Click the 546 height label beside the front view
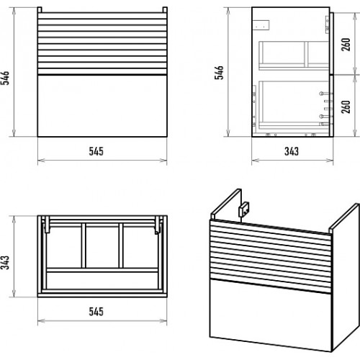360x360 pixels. click(5, 78)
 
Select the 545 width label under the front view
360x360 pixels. click(96, 151)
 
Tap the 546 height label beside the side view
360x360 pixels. click(219, 73)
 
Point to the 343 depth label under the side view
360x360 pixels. click(292, 151)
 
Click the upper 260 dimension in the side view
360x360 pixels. click(346, 45)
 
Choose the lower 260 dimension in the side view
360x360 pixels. click(346, 107)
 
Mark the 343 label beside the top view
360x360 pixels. click(5, 263)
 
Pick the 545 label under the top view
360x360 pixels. click(96, 312)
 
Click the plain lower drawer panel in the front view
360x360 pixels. click(102, 106)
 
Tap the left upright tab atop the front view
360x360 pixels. click(40, 10)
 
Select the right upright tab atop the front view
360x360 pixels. click(165, 10)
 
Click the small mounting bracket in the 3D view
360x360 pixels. click(243, 210)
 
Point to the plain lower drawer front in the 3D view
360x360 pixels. click(271, 315)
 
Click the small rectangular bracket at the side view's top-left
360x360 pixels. click(261, 25)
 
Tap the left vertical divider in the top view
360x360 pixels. click(84, 246)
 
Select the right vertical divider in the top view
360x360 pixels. click(121, 246)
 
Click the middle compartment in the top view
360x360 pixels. click(102, 247)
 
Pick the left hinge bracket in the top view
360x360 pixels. click(47, 225)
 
